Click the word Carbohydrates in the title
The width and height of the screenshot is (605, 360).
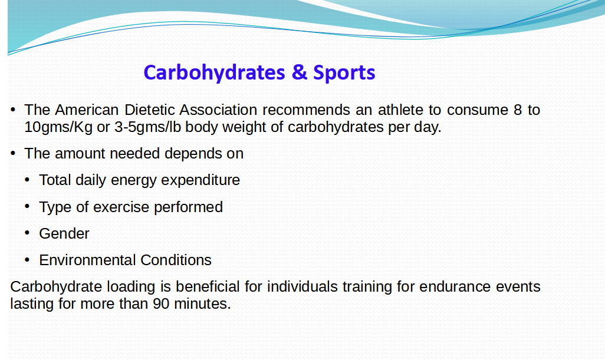[x=214, y=72]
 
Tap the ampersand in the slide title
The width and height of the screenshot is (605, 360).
[x=300, y=72]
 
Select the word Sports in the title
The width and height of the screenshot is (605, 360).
[x=344, y=72]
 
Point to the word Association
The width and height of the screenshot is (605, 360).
[x=218, y=110]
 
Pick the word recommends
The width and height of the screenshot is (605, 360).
[x=307, y=110]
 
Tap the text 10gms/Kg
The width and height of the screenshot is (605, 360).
[x=58, y=127]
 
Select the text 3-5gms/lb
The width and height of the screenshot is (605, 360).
[x=148, y=127]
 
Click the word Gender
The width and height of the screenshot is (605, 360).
[x=64, y=233]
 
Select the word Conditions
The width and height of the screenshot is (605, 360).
[x=176, y=260]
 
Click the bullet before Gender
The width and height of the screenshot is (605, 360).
[x=27, y=233]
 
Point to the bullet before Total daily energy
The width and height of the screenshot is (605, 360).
[x=27, y=180]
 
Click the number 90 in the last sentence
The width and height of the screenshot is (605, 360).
[x=161, y=303]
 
